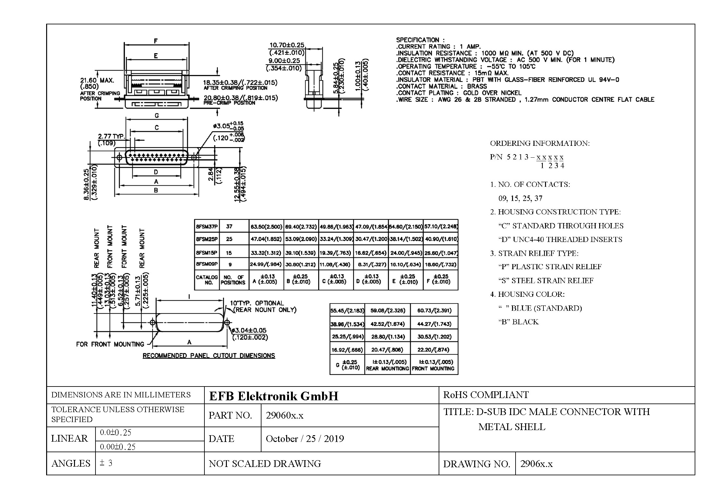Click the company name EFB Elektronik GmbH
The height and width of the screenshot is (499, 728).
tap(274, 396)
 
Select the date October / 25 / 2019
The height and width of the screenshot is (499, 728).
tap(305, 438)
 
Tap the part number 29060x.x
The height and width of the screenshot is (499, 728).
tap(285, 415)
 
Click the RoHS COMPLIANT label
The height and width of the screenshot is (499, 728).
tap(486, 395)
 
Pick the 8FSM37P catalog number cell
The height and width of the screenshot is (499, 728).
tap(207, 227)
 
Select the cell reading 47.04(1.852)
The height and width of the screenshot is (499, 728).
tap(266, 239)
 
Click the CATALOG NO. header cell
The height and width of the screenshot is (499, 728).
tap(207, 280)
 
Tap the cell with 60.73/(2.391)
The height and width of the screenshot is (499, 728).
tap(434, 310)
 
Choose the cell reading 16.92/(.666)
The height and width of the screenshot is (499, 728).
tap(347, 350)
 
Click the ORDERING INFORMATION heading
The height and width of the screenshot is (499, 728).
tap(540, 143)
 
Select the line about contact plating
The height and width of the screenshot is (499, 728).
tap(459, 93)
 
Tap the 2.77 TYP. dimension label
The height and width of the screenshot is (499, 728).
tap(111, 137)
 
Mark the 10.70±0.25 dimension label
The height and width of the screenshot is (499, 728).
tap(286, 45)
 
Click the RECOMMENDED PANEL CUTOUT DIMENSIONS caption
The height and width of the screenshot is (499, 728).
tap(209, 356)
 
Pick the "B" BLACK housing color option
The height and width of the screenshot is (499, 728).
tap(518, 322)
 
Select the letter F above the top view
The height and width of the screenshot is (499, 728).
tap(156, 41)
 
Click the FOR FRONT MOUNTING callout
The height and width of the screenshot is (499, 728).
tap(110, 344)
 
